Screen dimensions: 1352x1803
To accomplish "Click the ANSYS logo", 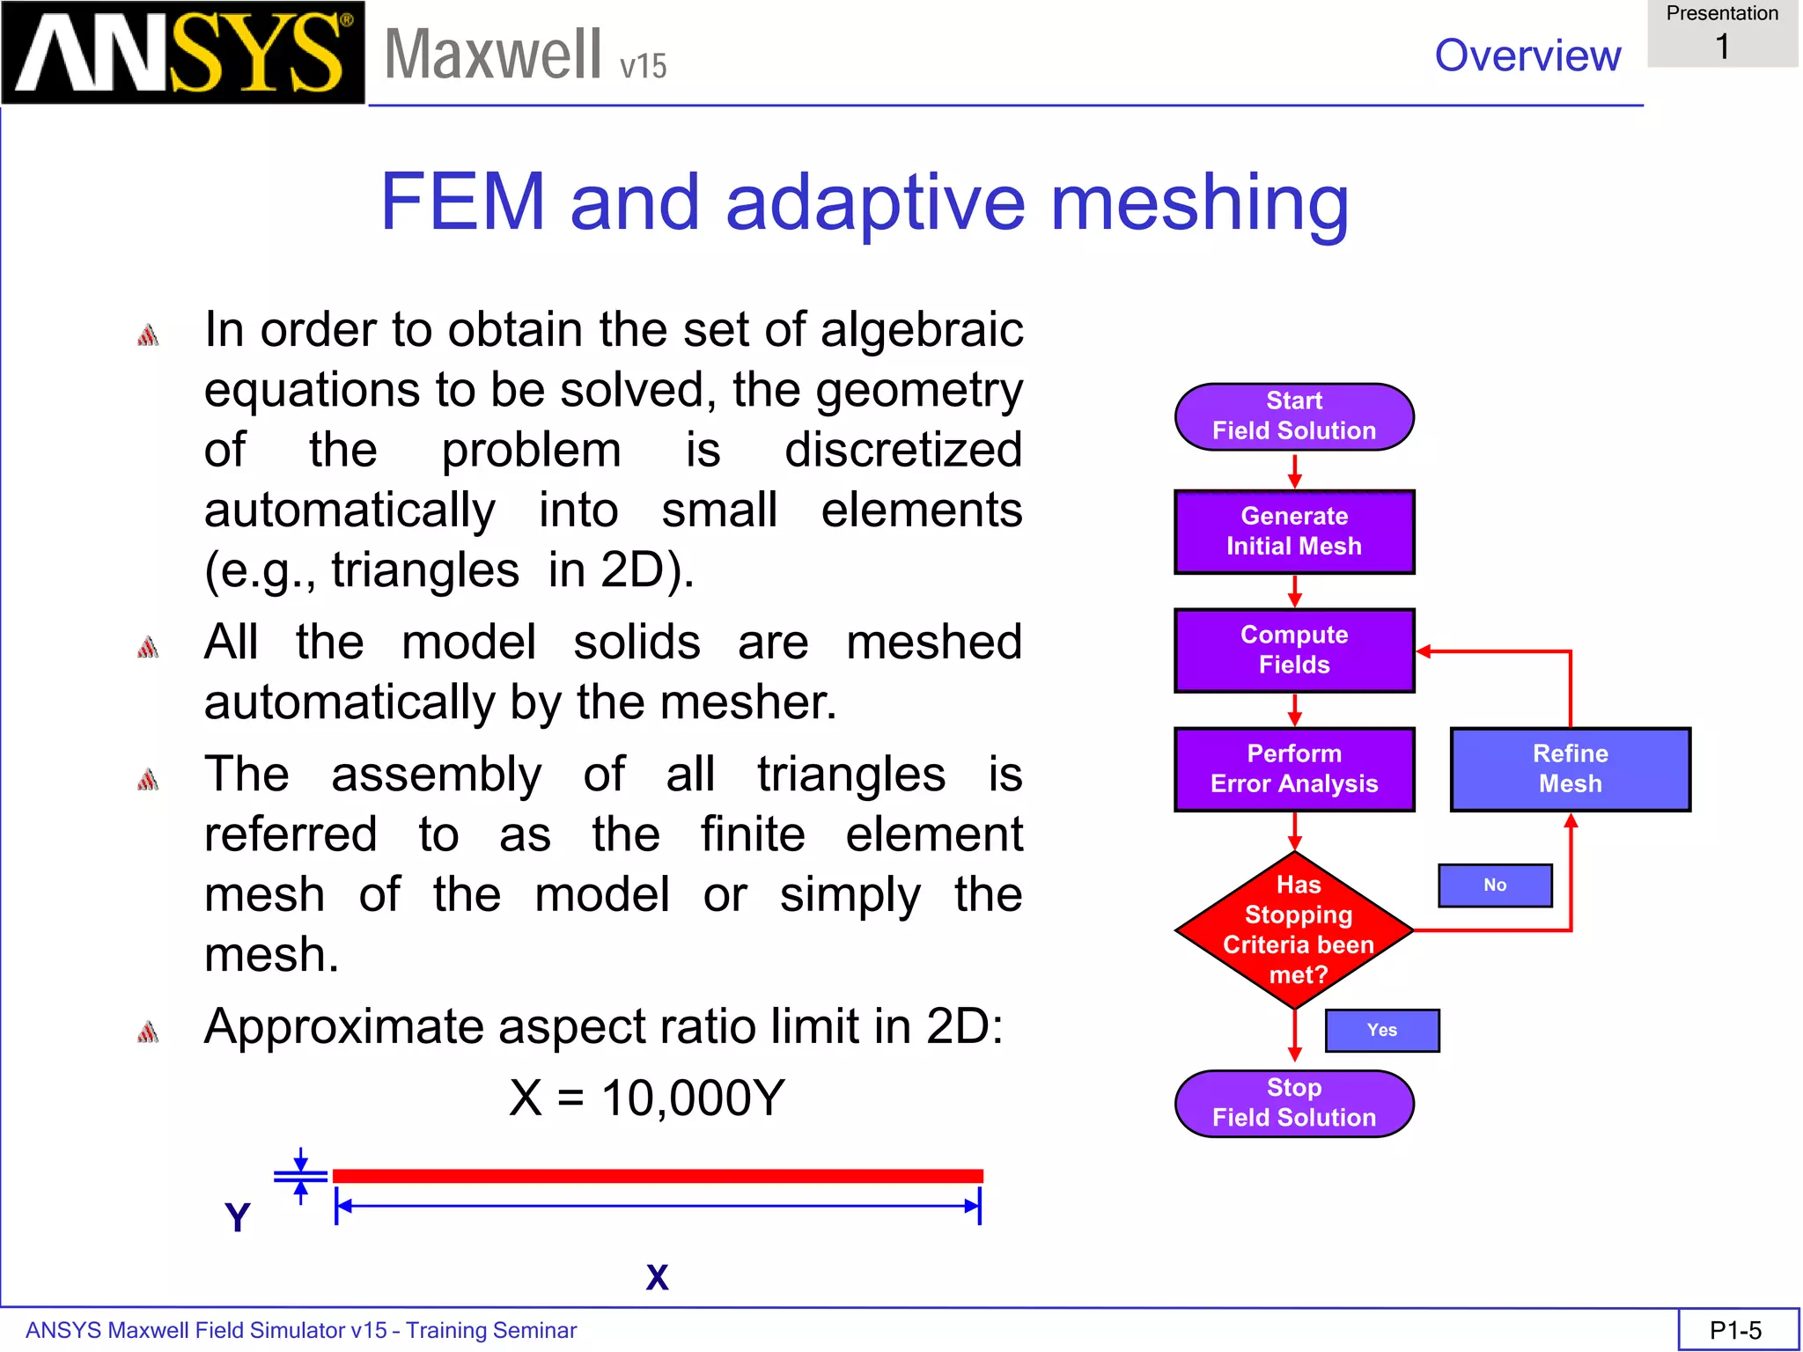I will coord(182,53).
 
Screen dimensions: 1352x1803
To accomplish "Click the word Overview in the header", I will coord(1527,55).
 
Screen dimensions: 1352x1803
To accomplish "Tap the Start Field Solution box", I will coord(1293,416).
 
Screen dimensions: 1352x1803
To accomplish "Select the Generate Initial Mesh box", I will coord(1293,532).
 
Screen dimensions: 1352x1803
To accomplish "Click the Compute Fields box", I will coord(1293,650).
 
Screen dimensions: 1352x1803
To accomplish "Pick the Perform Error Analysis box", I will coord(1293,769).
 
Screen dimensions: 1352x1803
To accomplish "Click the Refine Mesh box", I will coord(1570,769).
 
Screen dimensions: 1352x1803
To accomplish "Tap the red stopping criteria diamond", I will coord(1294,929).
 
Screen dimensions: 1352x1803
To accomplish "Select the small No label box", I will coord(1494,885).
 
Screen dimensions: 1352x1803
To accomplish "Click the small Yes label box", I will coord(1381,1031).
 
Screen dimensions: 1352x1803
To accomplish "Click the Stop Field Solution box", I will coord(1293,1103).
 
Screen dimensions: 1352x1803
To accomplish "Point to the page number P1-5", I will coord(1735,1330).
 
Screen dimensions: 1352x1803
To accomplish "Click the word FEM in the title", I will coord(463,202).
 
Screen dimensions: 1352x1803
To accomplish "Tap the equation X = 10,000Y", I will coord(647,1098).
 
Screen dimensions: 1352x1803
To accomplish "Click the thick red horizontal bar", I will coord(657,1176).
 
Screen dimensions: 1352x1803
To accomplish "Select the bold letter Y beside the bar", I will coord(238,1217).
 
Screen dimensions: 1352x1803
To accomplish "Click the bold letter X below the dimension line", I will coord(657,1277).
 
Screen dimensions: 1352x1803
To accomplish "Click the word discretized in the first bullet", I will coord(902,451).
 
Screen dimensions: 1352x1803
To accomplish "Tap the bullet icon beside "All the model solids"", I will coord(148,648).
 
